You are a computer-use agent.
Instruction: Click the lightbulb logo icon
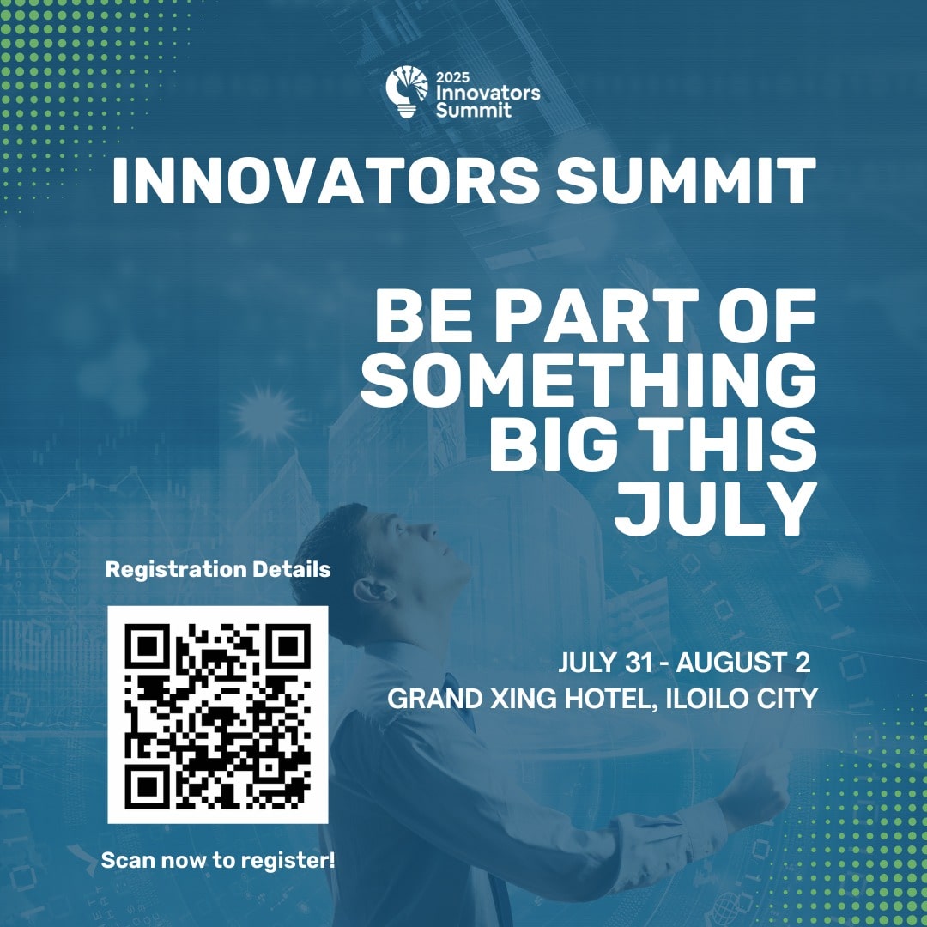[x=407, y=92]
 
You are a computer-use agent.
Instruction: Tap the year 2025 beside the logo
[x=453, y=77]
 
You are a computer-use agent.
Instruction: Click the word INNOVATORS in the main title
[x=325, y=180]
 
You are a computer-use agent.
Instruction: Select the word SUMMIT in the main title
[x=686, y=180]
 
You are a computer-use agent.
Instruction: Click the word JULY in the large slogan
[x=716, y=509]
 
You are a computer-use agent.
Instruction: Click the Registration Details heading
[x=217, y=569]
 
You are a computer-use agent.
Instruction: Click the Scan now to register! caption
[x=218, y=861]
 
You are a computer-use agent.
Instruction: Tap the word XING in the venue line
[x=524, y=699]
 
